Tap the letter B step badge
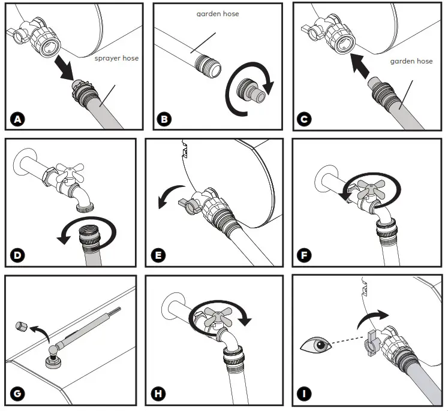(163, 119)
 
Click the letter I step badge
(306, 394)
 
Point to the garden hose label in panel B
(218, 13)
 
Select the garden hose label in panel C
(411, 61)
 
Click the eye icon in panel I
(315, 345)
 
